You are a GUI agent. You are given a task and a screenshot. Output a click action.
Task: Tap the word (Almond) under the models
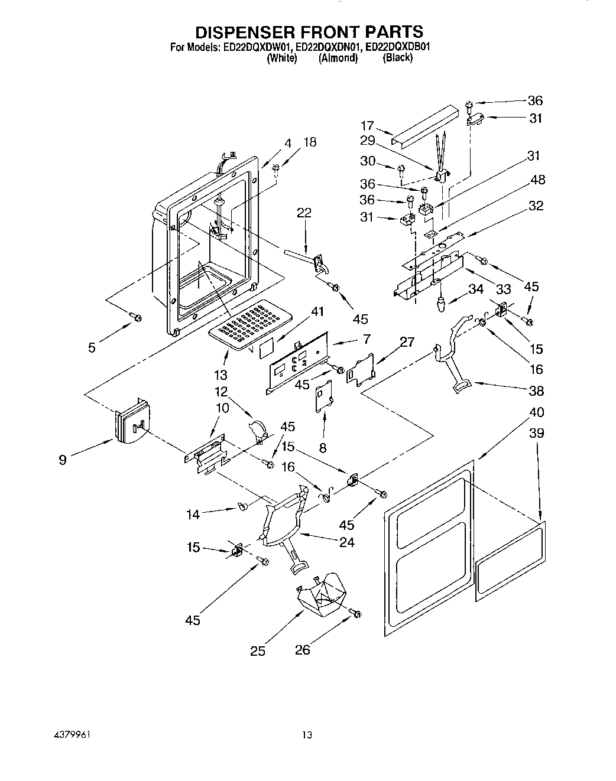338,58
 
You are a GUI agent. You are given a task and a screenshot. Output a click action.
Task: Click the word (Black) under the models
397,58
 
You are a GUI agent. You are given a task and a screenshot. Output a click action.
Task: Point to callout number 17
367,126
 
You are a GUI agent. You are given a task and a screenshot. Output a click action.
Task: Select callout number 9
63,459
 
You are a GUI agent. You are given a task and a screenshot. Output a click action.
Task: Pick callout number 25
257,651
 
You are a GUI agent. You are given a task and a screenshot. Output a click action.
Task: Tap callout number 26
302,650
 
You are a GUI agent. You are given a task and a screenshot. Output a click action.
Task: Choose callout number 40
537,412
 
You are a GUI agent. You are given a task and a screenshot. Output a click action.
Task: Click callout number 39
537,433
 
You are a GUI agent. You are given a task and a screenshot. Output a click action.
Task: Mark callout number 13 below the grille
221,375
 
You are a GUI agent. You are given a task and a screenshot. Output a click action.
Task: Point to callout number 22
304,213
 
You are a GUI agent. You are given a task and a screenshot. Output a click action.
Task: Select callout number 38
537,390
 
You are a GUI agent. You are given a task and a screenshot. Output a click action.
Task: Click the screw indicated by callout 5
137,318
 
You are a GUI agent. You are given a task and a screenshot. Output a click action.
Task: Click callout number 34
476,289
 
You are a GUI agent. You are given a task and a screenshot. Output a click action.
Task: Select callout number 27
407,341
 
